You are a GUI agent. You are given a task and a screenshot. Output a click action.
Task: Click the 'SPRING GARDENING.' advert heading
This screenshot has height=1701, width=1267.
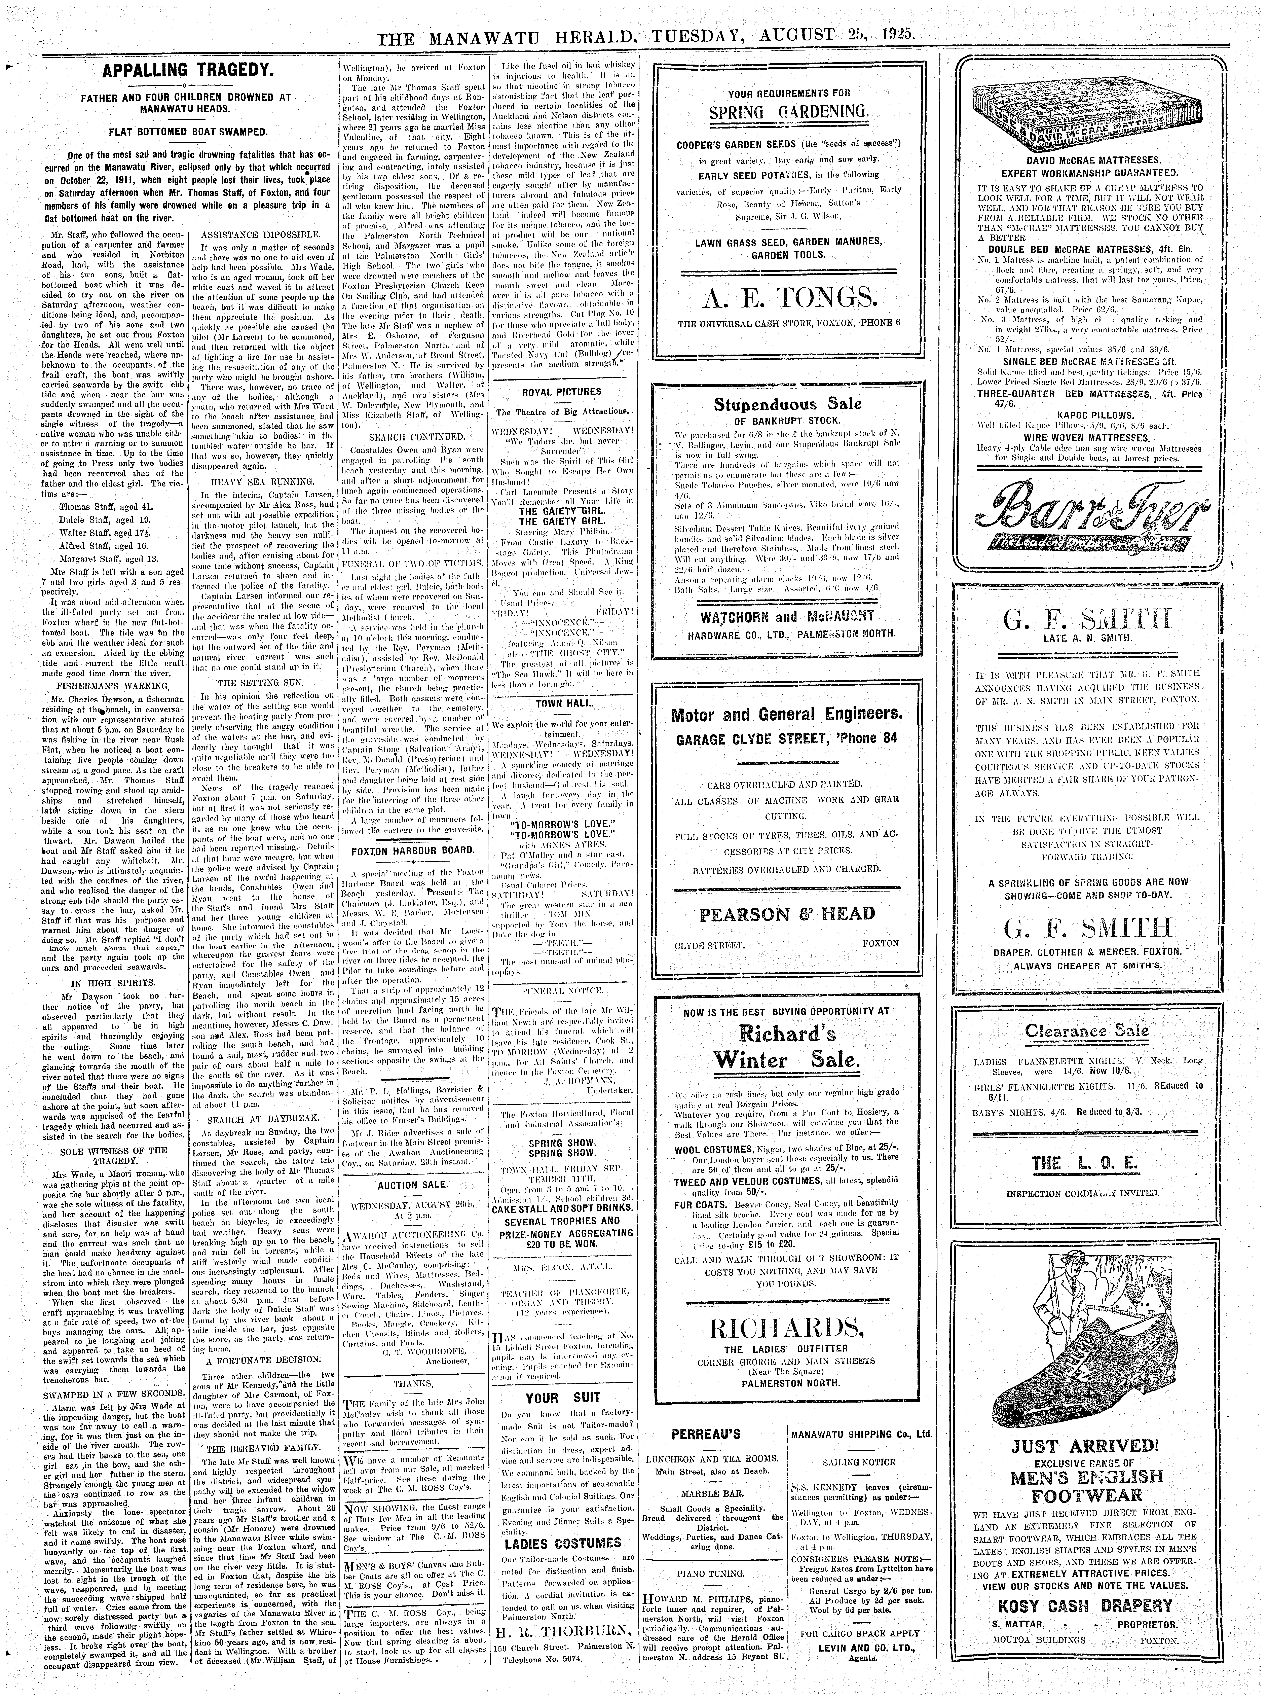789,114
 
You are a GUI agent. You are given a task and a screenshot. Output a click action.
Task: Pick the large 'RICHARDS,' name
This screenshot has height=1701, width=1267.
787,1303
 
